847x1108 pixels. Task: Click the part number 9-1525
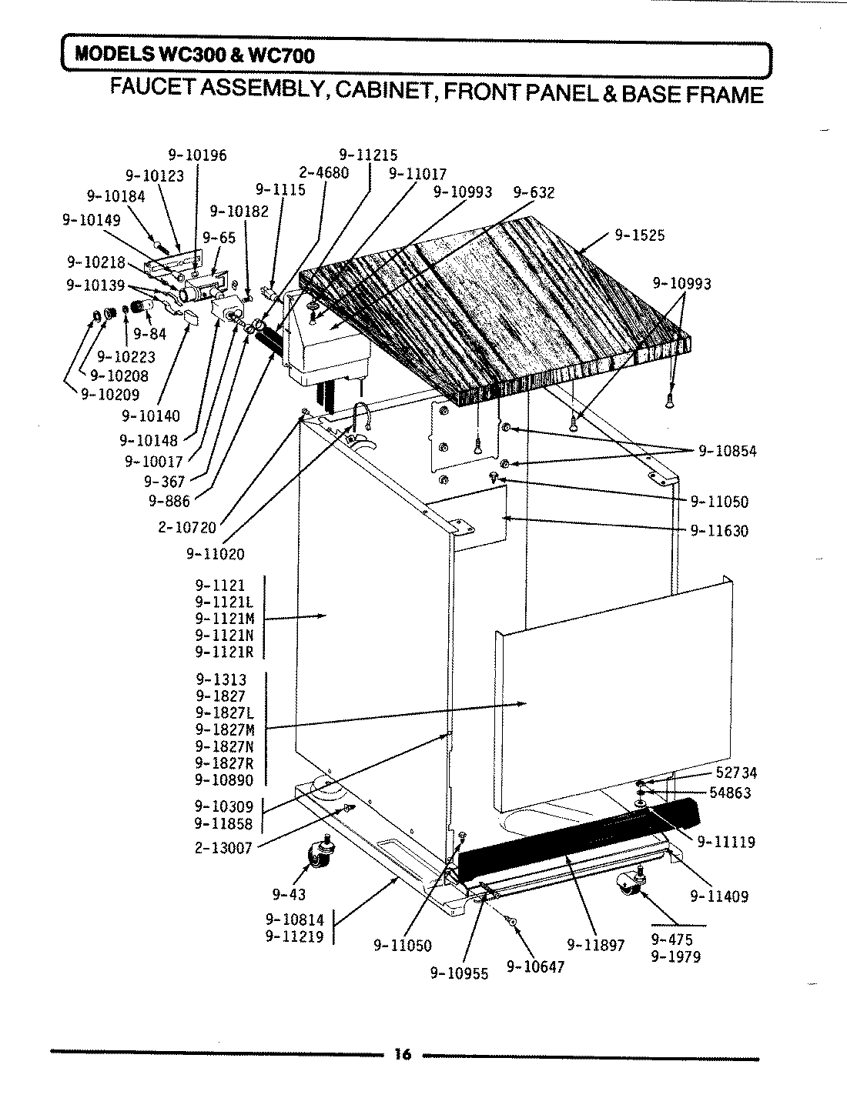(x=639, y=235)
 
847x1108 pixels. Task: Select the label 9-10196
(x=198, y=155)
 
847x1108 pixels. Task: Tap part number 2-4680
(x=323, y=173)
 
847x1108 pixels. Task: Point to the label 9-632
(x=534, y=192)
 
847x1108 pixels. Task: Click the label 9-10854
(x=727, y=451)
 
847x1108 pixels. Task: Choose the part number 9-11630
(x=718, y=530)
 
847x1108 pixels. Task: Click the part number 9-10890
(x=224, y=780)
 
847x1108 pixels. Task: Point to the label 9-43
(x=289, y=894)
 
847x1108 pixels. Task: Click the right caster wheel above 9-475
(x=629, y=886)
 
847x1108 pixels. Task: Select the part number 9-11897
(x=595, y=944)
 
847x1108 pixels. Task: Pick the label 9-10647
(x=535, y=966)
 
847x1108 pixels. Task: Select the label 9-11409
(x=718, y=896)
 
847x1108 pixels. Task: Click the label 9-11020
(x=215, y=553)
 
